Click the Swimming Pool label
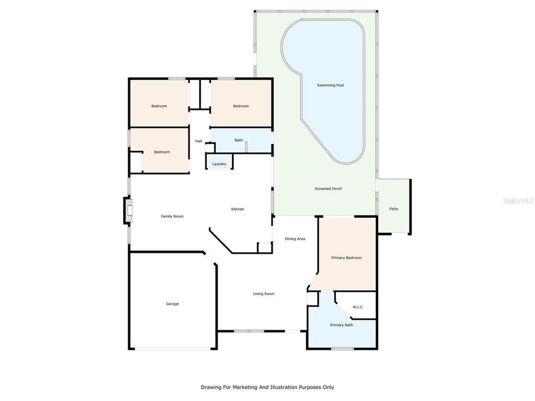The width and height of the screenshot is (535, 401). pyautogui.click(x=330, y=85)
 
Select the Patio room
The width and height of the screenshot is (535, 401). pyautogui.click(x=393, y=209)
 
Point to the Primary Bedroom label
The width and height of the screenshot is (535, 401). pyautogui.click(x=347, y=258)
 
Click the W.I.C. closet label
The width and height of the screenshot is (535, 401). pyautogui.click(x=358, y=307)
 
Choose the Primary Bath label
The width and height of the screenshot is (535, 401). pyautogui.click(x=341, y=325)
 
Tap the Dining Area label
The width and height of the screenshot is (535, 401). pyautogui.click(x=295, y=239)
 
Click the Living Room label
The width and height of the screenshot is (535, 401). pyautogui.click(x=264, y=294)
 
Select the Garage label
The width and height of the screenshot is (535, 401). pyautogui.click(x=172, y=304)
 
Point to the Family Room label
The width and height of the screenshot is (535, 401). pyautogui.click(x=172, y=216)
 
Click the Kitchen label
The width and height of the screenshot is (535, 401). pyautogui.click(x=238, y=209)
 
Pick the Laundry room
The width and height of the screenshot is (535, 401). pyautogui.click(x=219, y=164)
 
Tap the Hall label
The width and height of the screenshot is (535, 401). pyautogui.click(x=198, y=141)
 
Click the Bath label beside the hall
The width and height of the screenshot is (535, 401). pyautogui.click(x=239, y=140)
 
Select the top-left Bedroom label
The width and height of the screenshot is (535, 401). pyautogui.click(x=159, y=106)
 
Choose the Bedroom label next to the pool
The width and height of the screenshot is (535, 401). pyautogui.click(x=241, y=106)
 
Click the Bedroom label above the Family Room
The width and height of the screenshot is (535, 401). pyautogui.click(x=162, y=152)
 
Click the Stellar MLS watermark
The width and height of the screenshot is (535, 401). pyautogui.click(x=518, y=199)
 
